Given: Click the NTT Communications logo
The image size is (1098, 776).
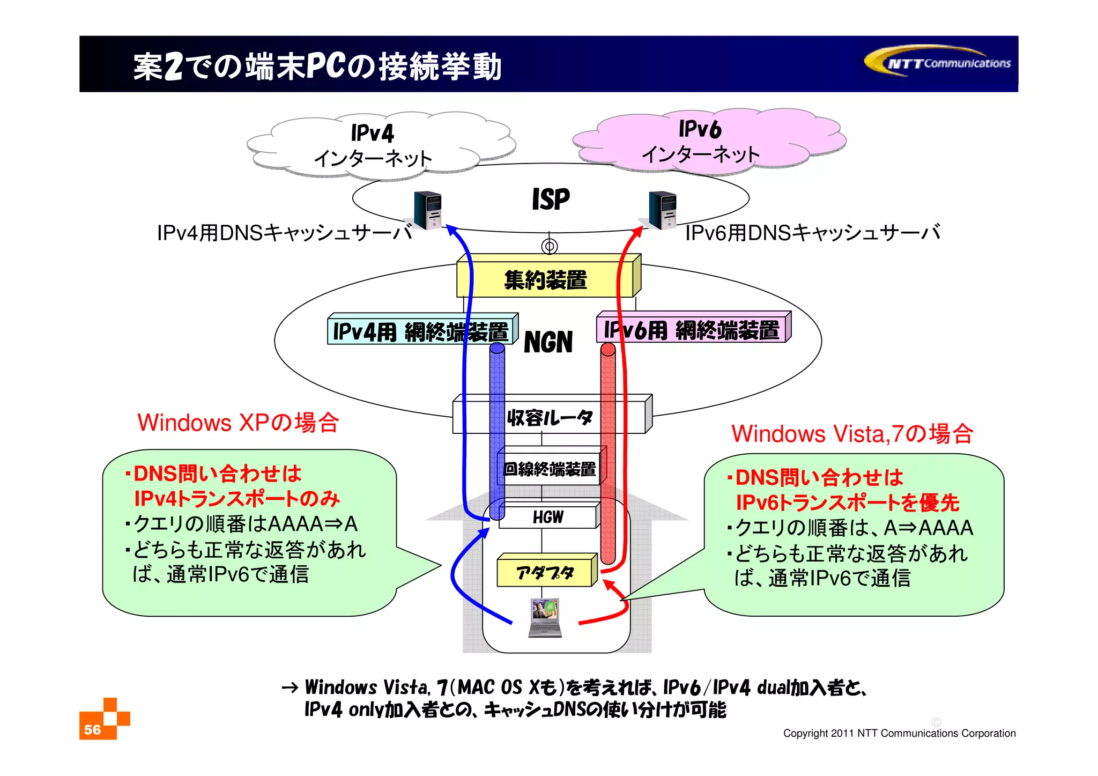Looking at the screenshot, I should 939,62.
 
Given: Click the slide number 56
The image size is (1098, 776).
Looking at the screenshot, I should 93,729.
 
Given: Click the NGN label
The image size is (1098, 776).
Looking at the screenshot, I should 548,342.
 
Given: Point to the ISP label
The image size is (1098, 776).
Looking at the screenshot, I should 551,199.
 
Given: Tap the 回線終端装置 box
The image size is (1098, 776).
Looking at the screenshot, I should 550,469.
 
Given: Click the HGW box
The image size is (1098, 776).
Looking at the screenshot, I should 548,517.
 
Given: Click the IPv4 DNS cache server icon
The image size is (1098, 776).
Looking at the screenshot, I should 428,210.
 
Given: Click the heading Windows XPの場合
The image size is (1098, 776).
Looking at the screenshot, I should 238,423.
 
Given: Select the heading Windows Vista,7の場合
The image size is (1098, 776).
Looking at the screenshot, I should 852,434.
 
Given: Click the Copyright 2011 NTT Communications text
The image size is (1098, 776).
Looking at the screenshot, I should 899,733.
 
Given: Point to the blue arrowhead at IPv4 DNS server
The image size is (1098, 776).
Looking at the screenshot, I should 451,230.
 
